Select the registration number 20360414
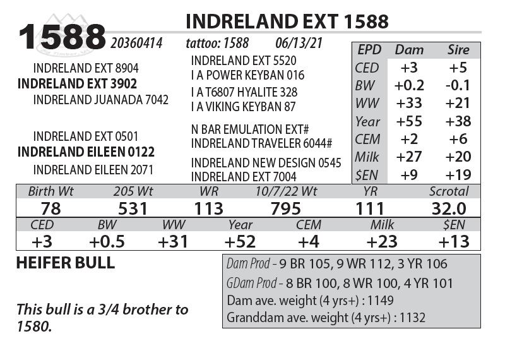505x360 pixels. coord(136,44)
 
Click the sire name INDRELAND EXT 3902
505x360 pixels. coord(77,84)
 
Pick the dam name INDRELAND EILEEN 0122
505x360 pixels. coord(86,152)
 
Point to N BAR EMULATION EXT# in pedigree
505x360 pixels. coord(250,129)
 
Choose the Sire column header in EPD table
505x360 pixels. coord(458,50)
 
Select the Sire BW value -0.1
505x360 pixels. coord(458,85)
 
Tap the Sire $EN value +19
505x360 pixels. coord(458,175)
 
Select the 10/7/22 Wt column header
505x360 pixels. coord(287,191)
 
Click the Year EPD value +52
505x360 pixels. coord(240,241)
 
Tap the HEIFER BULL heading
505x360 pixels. coord(65,264)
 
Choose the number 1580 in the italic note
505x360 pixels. coord(34,327)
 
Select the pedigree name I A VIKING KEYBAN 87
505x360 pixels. coord(244,107)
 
